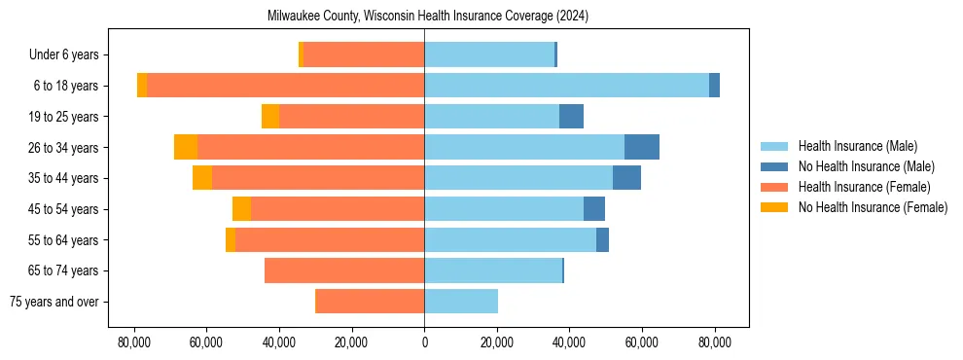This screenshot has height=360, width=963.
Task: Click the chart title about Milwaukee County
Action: [x=427, y=17]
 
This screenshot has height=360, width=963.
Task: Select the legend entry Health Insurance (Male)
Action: [x=857, y=146]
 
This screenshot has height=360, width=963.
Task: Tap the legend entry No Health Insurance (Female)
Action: [x=873, y=207]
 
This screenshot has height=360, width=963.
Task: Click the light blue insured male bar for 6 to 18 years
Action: [x=566, y=86]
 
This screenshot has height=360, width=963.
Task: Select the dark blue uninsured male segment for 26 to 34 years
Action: [x=642, y=147]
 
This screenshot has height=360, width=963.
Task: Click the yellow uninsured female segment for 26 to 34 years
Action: [x=186, y=147]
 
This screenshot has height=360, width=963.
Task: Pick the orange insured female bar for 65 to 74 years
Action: [x=344, y=270]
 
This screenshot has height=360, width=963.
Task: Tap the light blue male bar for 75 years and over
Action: [x=461, y=302]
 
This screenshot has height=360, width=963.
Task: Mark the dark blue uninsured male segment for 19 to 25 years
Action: [x=571, y=117]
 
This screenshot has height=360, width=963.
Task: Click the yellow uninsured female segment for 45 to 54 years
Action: [x=241, y=209]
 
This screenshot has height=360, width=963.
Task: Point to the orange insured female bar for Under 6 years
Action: [x=364, y=54]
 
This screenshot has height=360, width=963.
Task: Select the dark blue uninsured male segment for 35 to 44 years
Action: [x=626, y=178]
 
